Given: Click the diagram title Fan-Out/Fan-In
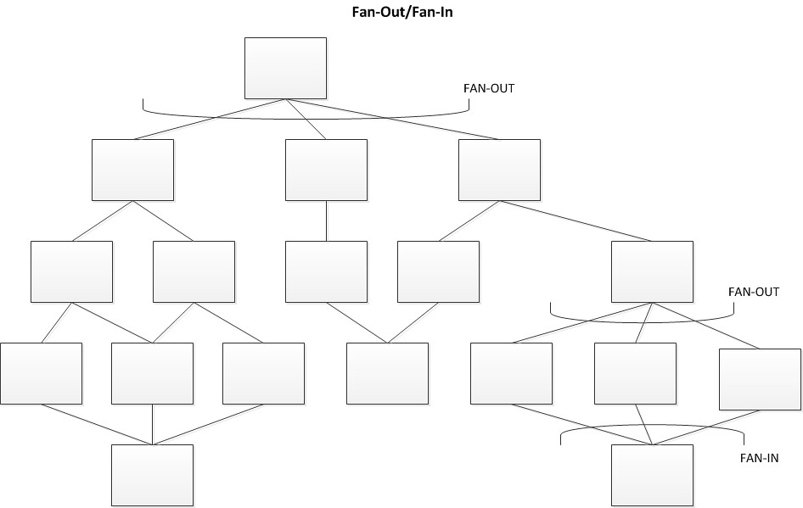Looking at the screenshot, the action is coord(401,13).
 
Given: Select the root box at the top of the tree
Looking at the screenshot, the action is coord(285,68).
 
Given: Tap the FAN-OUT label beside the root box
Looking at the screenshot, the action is coord(488,88).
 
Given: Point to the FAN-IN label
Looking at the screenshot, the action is coord(758,458).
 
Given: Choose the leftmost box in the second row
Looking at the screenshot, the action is coord(132,170).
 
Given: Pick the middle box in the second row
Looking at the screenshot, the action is coord(326,170).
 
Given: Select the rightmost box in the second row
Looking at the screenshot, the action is coord(499,170).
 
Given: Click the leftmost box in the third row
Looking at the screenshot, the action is coord(71,271).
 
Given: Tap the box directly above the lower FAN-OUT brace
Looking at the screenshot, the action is coord(652,271).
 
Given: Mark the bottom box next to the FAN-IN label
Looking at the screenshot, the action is coord(652,475).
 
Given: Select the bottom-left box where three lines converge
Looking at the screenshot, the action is coord(153,475).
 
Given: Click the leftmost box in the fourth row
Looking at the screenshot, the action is coord(41,373).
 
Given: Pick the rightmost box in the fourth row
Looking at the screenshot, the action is coord(759,379).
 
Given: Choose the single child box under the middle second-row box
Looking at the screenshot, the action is coord(326,271).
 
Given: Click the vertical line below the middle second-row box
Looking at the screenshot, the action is coord(326,221).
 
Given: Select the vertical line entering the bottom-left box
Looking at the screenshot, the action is coord(153,424).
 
